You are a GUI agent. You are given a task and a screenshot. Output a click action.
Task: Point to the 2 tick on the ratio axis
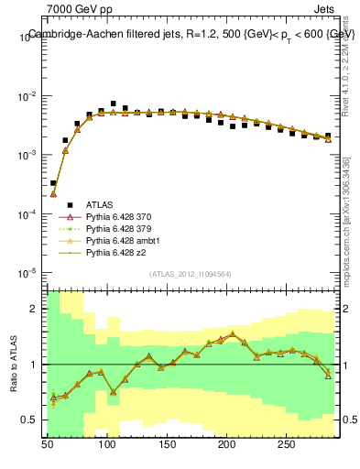pyautogui.click(x=35, y=309)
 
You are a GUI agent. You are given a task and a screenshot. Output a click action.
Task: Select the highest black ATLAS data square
pyautogui.click(x=113, y=104)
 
